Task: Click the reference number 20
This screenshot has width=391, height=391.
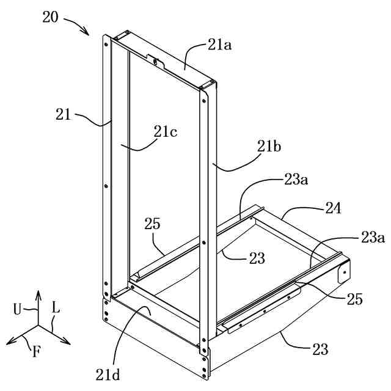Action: coord(51,16)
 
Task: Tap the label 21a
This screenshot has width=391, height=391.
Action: coord(220,44)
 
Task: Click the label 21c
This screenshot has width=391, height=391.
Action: coord(166,131)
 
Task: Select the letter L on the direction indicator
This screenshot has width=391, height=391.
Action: coord(56,309)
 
